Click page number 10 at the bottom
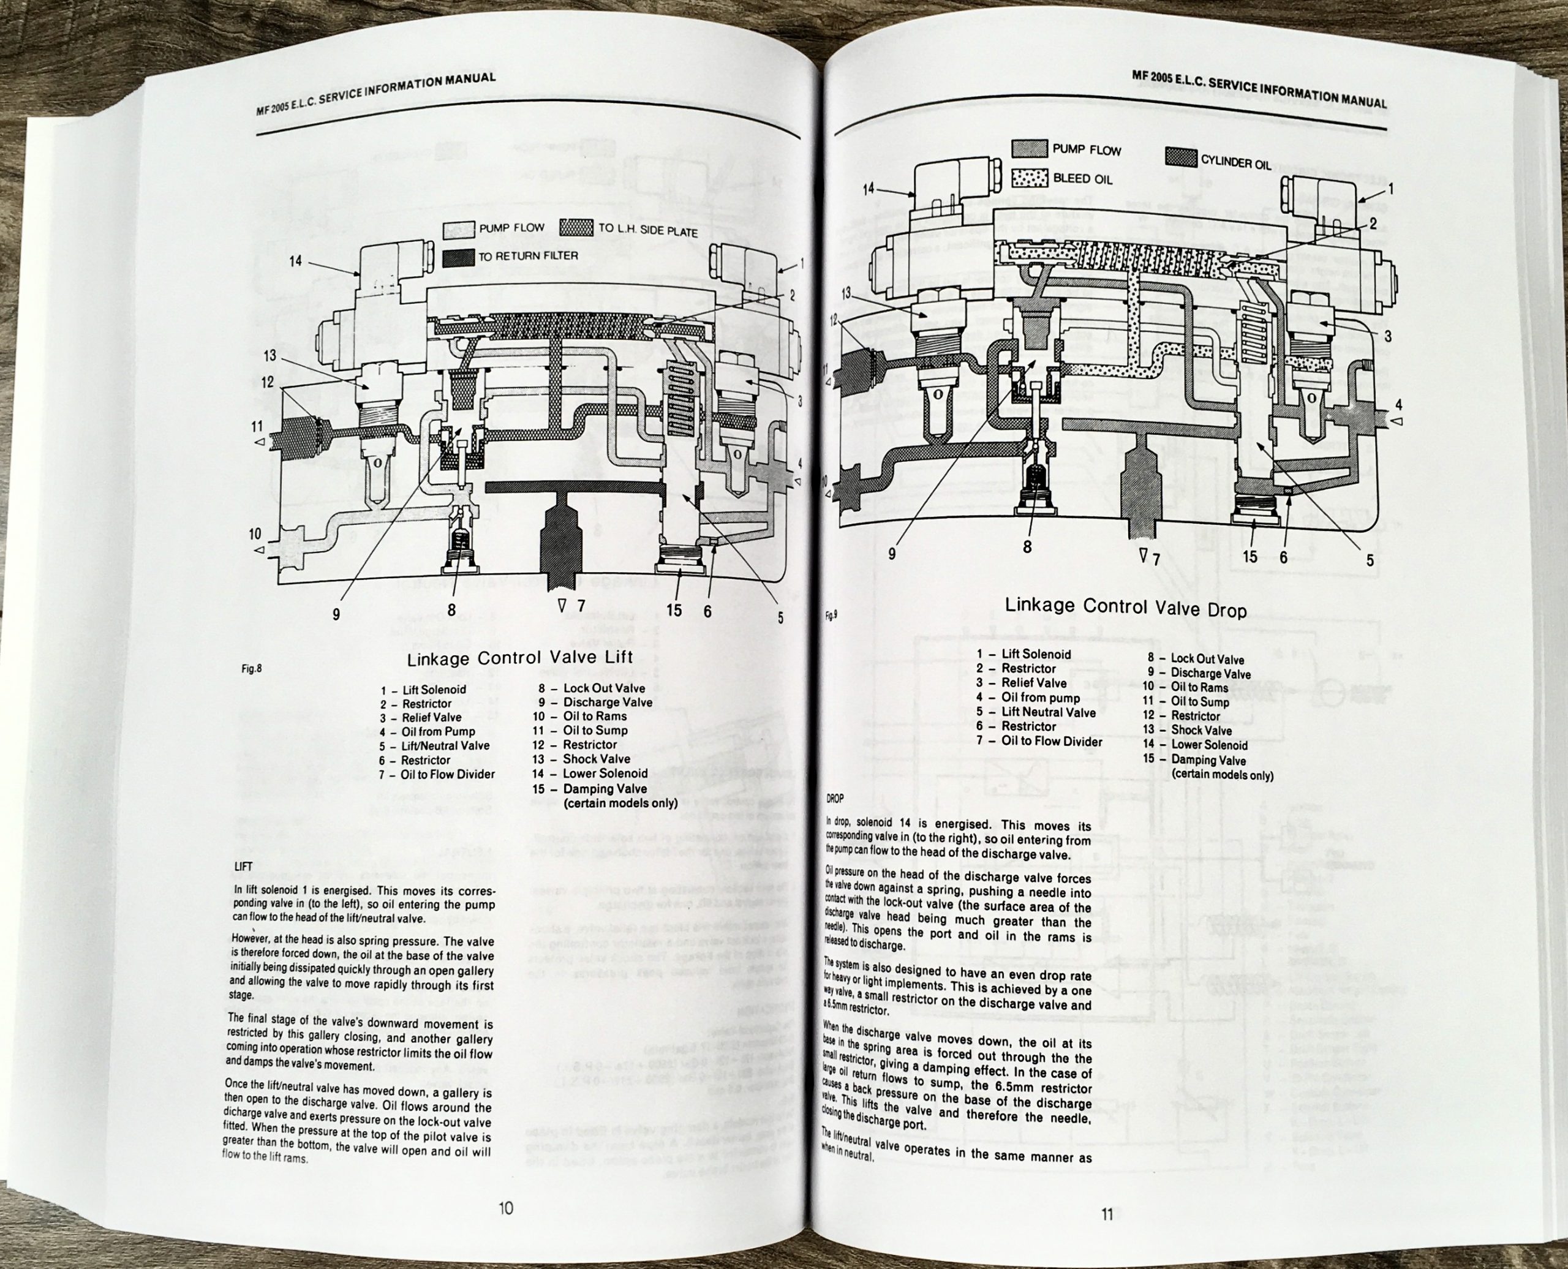(x=506, y=1208)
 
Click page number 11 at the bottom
(x=1107, y=1215)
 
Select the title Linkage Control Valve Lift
(x=520, y=657)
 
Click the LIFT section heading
(x=242, y=866)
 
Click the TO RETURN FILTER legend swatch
(x=458, y=257)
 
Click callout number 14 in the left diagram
(x=295, y=261)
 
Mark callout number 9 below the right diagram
(x=891, y=554)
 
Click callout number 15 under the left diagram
(x=674, y=609)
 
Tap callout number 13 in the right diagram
(x=846, y=293)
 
